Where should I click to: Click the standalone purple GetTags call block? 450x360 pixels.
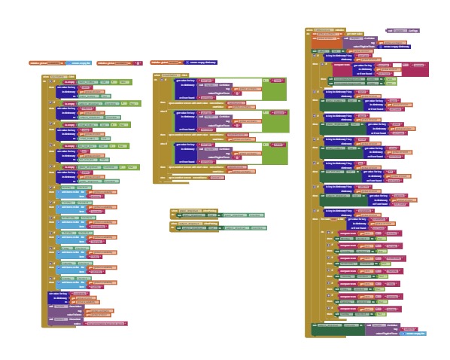pyautogui.click(x=402, y=31)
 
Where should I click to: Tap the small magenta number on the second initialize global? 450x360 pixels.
pyautogui.click(x=138, y=63)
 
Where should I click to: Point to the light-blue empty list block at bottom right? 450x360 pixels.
pyautogui.click(x=415, y=333)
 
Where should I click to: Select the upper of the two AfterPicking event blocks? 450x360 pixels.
pyautogui.click(x=184, y=212)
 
